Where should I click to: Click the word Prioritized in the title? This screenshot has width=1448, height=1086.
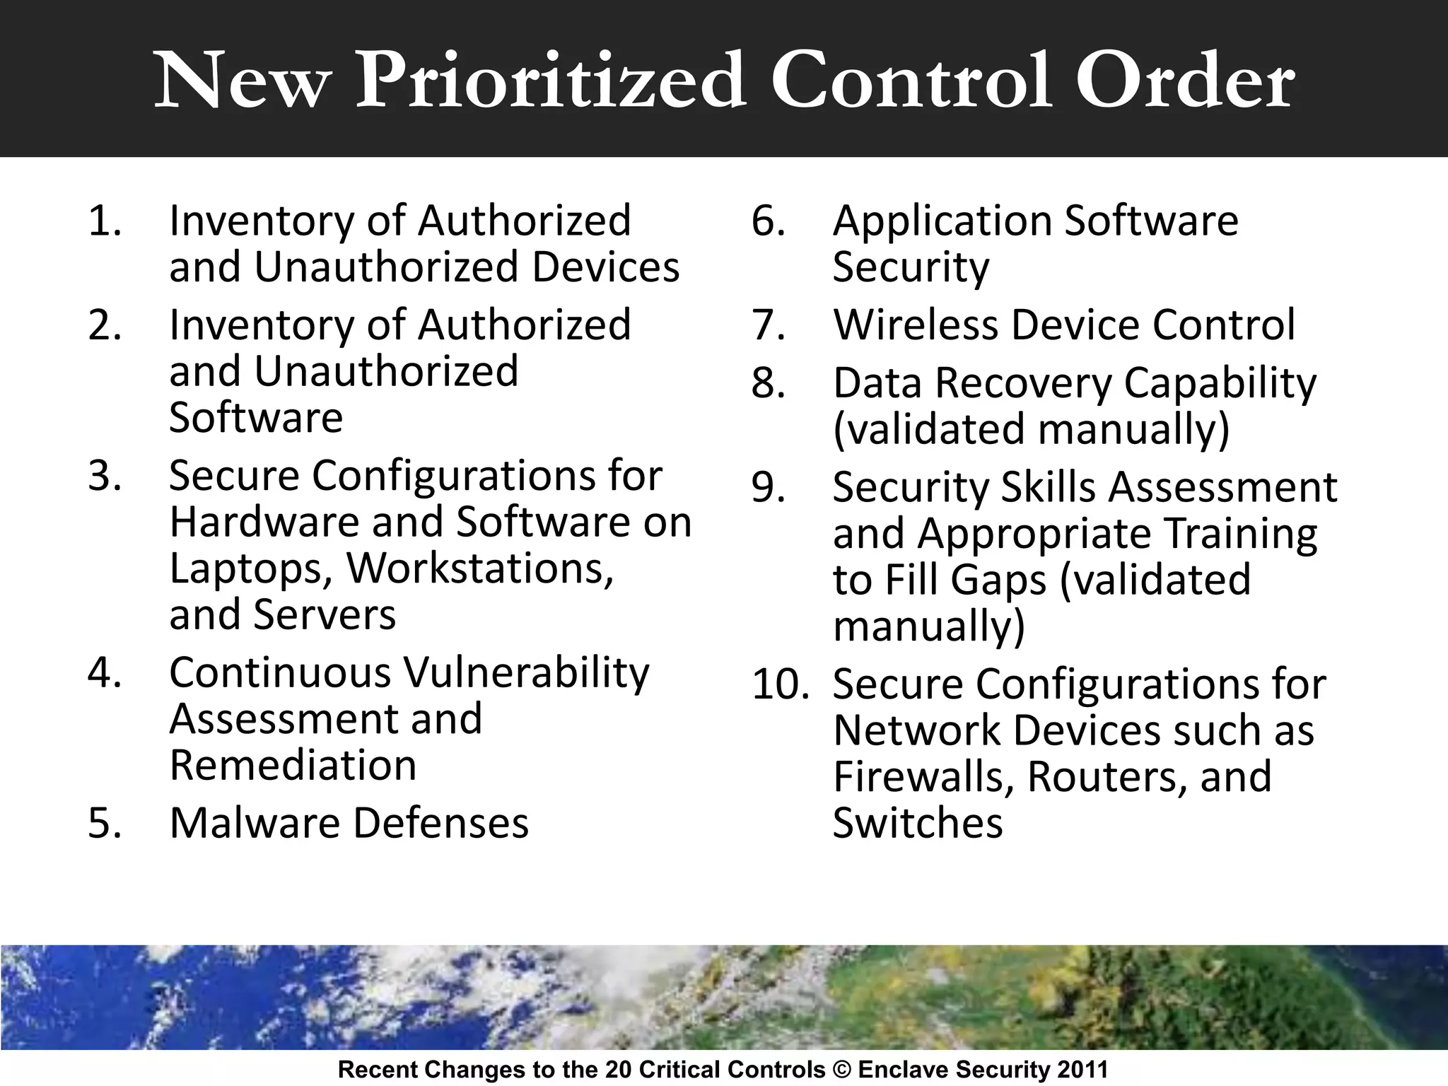(x=551, y=81)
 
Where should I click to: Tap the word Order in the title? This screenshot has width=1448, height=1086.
(x=1184, y=81)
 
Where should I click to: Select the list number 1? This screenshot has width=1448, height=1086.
(x=105, y=221)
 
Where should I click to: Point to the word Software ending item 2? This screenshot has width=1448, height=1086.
(x=256, y=417)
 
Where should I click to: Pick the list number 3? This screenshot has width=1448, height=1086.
(x=105, y=475)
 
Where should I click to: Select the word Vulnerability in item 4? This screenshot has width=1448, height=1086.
(x=525, y=672)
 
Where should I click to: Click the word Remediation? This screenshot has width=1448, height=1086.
(x=293, y=765)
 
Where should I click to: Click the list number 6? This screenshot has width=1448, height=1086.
(x=768, y=221)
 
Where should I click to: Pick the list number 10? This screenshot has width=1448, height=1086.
(x=780, y=684)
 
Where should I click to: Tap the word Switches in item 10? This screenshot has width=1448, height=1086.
(x=918, y=823)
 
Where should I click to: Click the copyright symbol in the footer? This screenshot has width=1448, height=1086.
(x=841, y=1070)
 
